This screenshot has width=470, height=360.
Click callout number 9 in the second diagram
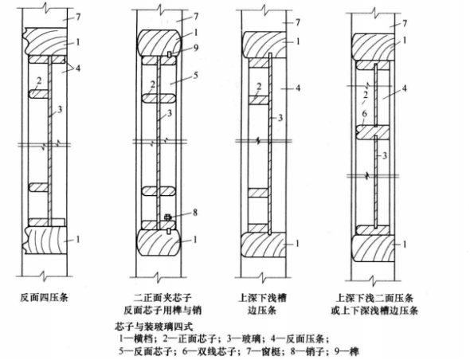click(x=196, y=48)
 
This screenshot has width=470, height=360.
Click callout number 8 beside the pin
click(x=195, y=213)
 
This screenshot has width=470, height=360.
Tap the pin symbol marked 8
click(x=168, y=217)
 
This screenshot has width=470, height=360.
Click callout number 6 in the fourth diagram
click(x=365, y=114)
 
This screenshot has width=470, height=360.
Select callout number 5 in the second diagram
click(x=195, y=75)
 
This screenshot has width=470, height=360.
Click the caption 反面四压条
click(x=44, y=297)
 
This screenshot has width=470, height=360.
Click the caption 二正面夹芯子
click(x=163, y=298)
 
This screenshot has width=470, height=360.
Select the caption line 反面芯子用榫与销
click(x=163, y=310)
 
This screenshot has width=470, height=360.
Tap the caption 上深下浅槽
click(x=262, y=298)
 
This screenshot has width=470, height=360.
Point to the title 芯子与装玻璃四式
click(x=154, y=327)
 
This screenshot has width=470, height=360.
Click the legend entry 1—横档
click(x=138, y=339)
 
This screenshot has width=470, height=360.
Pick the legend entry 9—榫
click(x=347, y=351)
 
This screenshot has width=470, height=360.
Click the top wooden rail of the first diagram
click(x=45, y=41)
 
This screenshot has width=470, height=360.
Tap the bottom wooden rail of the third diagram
click(x=263, y=245)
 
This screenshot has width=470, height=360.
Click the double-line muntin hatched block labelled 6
click(x=372, y=132)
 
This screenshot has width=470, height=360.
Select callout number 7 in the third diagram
click(x=297, y=22)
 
